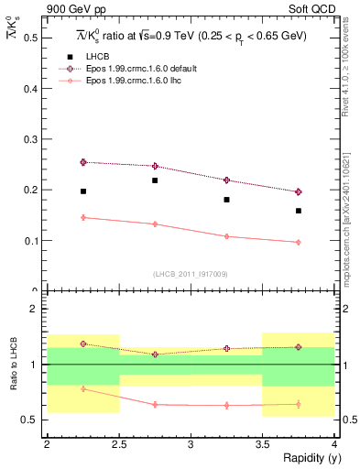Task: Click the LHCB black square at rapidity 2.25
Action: coord(83,191)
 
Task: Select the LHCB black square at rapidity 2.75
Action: coord(155,180)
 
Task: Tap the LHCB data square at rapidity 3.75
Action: coord(299,211)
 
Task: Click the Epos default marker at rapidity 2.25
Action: coord(83,162)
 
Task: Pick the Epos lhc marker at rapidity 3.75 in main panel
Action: coord(299,242)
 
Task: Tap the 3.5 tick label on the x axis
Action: coord(262,444)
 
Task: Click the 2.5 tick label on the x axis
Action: coord(118,444)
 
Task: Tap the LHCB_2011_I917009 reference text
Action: coord(191,274)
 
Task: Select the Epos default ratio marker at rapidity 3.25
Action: coord(227,349)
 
